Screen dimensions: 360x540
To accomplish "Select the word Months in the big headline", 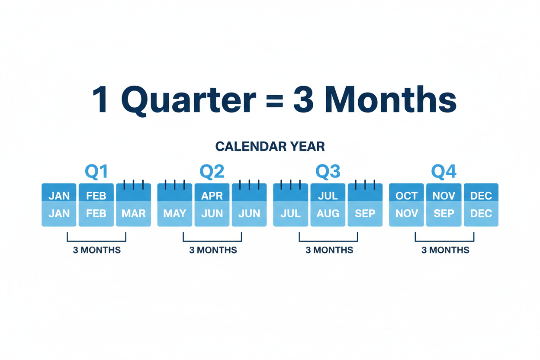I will click(x=390, y=100).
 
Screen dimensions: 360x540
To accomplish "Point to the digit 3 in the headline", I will click(x=305, y=100).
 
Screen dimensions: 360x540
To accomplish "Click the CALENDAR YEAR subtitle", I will click(x=270, y=147).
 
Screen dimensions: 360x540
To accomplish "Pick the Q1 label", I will click(x=96, y=172).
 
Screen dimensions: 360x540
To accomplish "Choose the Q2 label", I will click(x=212, y=172).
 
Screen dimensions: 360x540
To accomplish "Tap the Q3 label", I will click(x=328, y=172).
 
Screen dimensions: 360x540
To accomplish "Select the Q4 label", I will click(x=444, y=172).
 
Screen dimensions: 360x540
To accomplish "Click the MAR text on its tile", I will click(x=133, y=214).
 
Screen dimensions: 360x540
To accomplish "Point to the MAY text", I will click(x=174, y=214).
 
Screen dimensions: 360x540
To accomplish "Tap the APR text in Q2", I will click(x=212, y=196).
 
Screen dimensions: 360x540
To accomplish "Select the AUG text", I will click(x=328, y=214).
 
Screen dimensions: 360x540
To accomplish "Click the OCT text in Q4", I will click(x=406, y=196).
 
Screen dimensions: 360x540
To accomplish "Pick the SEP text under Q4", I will click(x=444, y=214).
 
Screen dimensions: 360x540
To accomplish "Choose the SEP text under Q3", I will click(x=365, y=214).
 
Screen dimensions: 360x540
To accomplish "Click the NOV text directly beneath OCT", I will click(x=406, y=214).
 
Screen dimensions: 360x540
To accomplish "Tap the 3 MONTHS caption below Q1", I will click(x=96, y=250).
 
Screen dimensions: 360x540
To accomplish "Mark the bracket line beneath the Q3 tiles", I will click(x=328, y=241).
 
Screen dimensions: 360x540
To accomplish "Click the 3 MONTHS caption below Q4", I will click(x=445, y=250).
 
